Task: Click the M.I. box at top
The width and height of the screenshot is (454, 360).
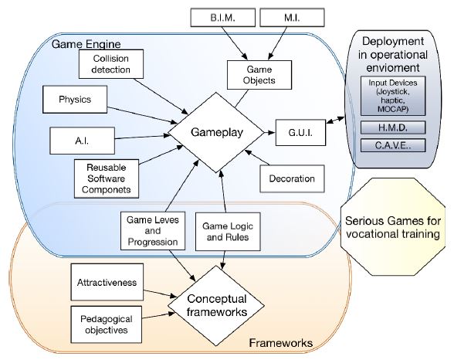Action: [287, 18]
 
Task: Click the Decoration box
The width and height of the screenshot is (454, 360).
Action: [292, 178]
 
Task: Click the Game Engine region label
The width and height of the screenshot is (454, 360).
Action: [83, 43]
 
